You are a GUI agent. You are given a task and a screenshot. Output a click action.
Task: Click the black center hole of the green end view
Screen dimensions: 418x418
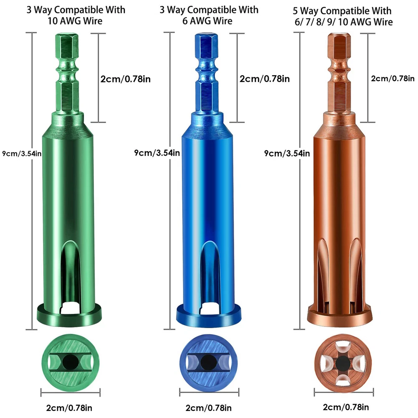point(70,362)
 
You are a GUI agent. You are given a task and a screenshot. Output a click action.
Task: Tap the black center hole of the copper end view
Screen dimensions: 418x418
point(343,363)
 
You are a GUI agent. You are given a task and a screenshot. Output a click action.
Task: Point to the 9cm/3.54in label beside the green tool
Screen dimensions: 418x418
point(22,153)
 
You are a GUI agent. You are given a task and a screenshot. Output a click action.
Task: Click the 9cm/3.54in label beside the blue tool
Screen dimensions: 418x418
point(157,153)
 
